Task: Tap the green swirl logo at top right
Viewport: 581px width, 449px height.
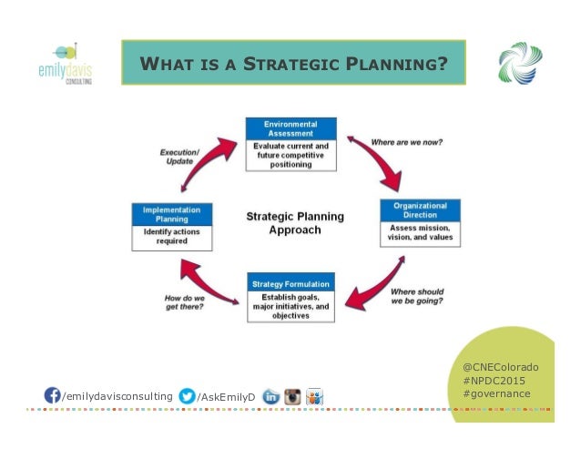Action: pyautogui.click(x=520, y=65)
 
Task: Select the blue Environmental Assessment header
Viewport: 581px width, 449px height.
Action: pyautogui.click(x=290, y=128)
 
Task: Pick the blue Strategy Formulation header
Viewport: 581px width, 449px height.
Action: pyautogui.click(x=290, y=281)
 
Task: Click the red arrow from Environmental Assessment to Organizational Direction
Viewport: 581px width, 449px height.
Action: pyautogui.click(x=375, y=164)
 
